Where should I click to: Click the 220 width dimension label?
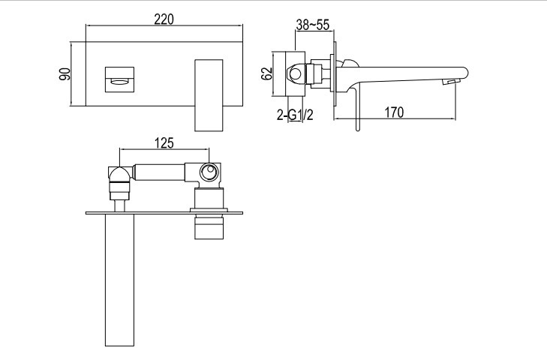[x=164, y=19]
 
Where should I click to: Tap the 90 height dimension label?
[x=65, y=74]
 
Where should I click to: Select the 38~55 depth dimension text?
[x=313, y=25]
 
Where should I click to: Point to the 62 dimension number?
[x=267, y=73]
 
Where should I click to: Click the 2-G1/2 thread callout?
[x=295, y=115]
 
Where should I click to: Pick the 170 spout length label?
[x=394, y=112]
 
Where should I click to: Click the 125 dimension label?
[x=164, y=142]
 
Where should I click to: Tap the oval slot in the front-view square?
[x=119, y=82]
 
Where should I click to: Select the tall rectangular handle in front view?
[x=209, y=95]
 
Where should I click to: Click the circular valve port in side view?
[x=296, y=74]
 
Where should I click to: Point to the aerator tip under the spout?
[x=451, y=82]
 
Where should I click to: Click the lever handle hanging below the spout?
[x=356, y=108]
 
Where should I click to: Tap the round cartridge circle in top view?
[x=209, y=172]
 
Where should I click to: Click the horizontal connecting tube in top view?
[x=159, y=172]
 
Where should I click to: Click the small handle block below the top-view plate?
[x=209, y=227]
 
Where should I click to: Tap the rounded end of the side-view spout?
[x=464, y=73]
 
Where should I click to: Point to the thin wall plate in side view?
[x=335, y=74]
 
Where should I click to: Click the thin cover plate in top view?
[x=164, y=213]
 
